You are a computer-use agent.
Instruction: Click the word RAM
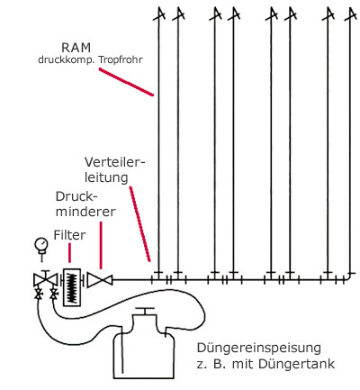(76, 48)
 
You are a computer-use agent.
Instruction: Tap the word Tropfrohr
(121, 59)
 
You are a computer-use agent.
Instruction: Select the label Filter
(69, 235)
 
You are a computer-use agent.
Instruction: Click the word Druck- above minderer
(76, 196)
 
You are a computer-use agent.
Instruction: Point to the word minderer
(85, 212)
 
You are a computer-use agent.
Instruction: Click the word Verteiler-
(115, 162)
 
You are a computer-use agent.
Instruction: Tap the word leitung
(106, 177)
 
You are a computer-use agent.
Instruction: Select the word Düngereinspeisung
(259, 349)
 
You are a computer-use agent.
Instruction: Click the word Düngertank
(296, 364)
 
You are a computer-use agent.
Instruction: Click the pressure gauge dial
(41, 244)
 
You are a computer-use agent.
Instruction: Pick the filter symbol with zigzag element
(72, 287)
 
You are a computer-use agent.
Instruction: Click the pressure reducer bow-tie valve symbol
(100, 280)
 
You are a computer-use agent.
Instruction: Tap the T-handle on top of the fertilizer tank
(145, 311)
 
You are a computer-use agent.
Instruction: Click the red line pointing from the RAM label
(126, 82)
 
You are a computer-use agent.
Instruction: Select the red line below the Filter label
(70, 253)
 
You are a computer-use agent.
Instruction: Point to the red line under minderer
(101, 245)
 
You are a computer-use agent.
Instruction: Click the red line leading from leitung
(139, 224)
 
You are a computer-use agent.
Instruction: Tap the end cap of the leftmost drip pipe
(159, 14)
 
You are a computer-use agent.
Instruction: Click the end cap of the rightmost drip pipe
(351, 14)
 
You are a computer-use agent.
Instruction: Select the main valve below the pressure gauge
(45, 280)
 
